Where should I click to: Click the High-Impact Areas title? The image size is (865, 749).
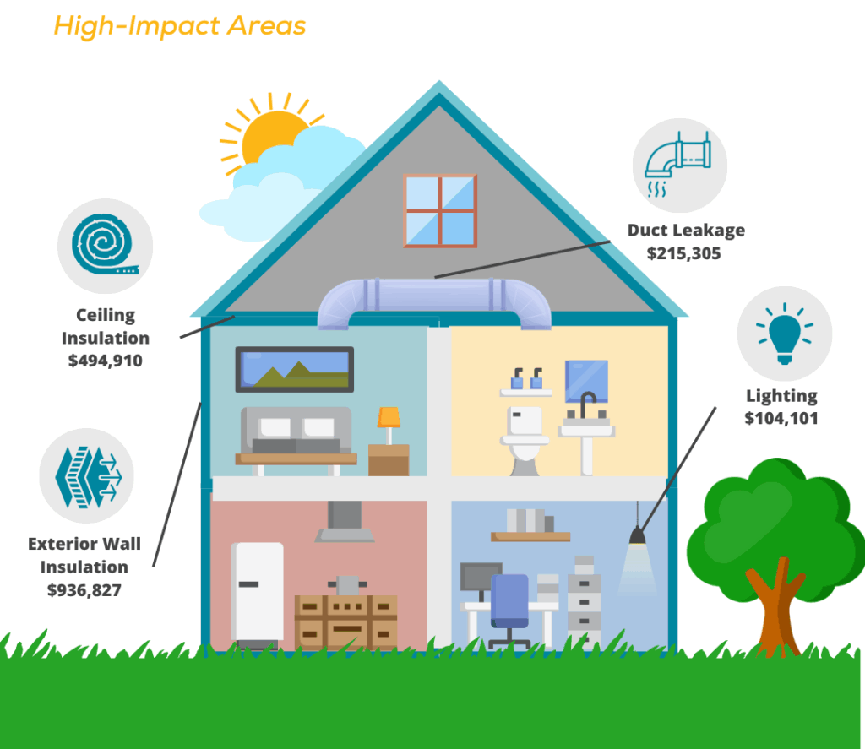180,26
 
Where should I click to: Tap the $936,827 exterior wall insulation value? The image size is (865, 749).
84,590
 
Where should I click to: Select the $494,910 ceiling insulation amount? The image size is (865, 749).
106,361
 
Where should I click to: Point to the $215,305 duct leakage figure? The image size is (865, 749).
684,253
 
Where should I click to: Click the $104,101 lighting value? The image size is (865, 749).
781,418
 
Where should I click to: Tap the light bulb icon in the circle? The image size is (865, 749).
785,334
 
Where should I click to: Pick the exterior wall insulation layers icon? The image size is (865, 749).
88,476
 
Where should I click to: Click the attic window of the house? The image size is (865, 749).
440,211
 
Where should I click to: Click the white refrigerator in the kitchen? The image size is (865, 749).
257,593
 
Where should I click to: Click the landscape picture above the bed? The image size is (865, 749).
295,370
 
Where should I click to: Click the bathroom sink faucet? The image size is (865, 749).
587,404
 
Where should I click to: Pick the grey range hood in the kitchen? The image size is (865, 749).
345,521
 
